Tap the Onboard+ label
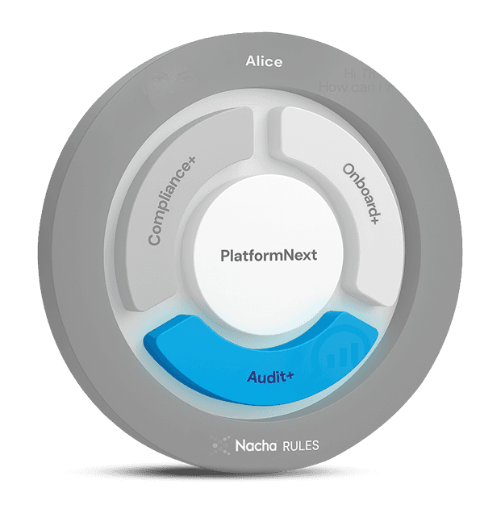click(361, 198)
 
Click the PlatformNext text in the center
click(269, 256)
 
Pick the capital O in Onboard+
click(348, 171)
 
